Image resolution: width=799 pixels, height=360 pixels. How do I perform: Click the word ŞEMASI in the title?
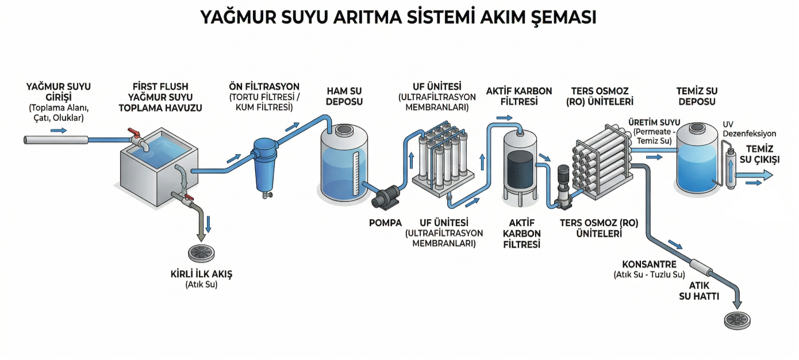(555, 17)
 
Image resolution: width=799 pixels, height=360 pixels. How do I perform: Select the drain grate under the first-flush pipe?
(201, 253)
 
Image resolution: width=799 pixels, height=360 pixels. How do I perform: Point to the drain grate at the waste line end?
(737, 320)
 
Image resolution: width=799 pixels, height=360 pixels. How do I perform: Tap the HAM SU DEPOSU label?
(344, 96)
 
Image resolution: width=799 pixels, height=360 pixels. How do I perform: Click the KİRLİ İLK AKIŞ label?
(202, 274)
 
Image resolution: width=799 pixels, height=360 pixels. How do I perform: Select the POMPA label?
(385, 223)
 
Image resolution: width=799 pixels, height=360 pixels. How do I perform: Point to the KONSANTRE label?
(650, 265)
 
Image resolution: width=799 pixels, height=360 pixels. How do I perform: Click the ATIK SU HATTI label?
(699, 290)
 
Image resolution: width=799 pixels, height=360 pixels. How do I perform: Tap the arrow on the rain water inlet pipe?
(58, 131)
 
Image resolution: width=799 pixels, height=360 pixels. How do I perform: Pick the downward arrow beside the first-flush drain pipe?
(208, 223)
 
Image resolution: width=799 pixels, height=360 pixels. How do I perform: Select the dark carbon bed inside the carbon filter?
(520, 167)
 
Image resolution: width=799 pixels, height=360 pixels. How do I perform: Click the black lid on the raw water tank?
(344, 131)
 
